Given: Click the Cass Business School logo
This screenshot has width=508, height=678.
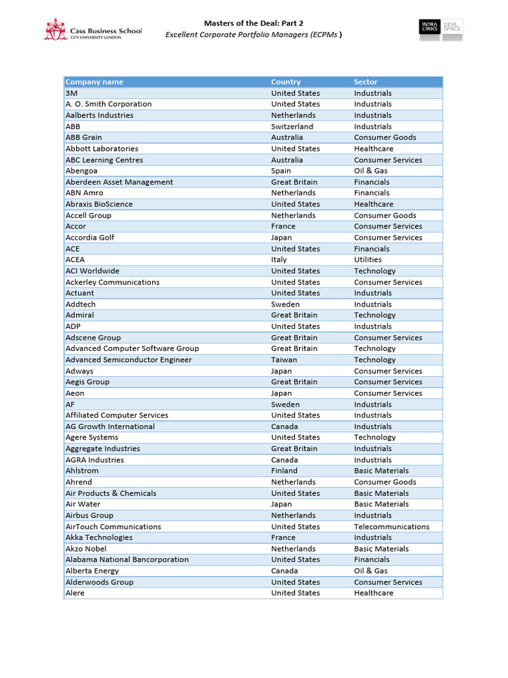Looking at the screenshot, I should [92, 30].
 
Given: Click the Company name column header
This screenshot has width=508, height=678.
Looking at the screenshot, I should [94, 82].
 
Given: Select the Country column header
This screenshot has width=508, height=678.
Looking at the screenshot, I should [286, 82].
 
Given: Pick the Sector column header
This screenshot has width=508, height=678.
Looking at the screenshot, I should [365, 82].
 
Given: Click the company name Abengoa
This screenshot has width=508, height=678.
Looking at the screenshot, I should [81, 171].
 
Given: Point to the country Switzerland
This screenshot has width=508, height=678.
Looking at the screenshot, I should [292, 126].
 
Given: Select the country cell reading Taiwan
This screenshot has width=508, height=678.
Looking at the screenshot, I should [284, 360].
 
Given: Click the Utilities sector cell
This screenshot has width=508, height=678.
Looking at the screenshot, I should [367, 260].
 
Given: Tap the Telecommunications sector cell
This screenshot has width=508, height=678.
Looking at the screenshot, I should [391, 526].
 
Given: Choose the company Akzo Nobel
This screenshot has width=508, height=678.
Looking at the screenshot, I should [86, 549].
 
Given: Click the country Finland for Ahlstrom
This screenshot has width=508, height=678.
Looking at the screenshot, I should [284, 471].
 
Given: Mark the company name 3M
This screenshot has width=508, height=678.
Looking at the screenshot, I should [71, 93].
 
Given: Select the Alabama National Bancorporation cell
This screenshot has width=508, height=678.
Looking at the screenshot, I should [127, 559].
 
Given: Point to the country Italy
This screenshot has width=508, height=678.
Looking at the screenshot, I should [278, 260].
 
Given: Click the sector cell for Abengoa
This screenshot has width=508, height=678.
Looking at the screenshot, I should [370, 171].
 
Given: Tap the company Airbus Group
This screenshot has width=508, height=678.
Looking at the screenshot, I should [89, 515].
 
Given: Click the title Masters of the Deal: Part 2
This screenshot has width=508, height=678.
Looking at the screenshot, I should [253, 23].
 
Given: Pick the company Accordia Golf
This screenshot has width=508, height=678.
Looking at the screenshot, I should [90, 238].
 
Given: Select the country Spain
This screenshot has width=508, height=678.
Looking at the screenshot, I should [280, 171].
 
